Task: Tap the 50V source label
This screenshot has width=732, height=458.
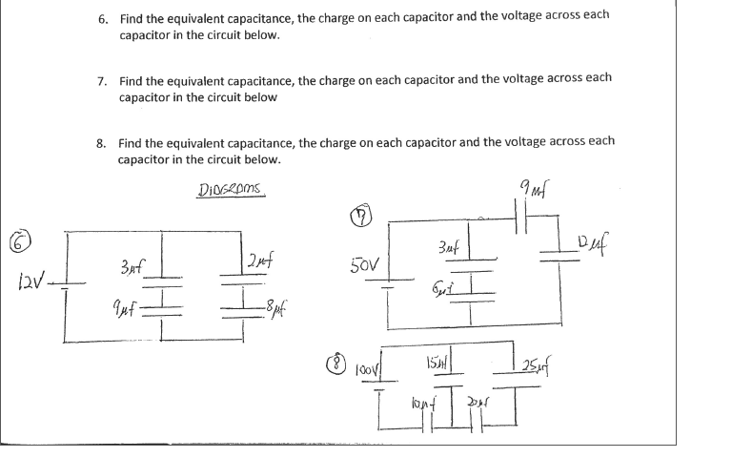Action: [366, 262]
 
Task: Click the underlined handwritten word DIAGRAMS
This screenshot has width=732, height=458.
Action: [231, 189]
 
